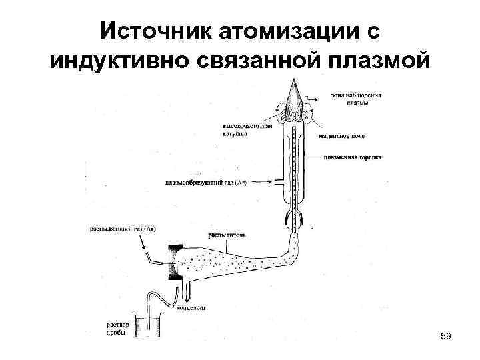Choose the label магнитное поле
344,135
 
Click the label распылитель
227,235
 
